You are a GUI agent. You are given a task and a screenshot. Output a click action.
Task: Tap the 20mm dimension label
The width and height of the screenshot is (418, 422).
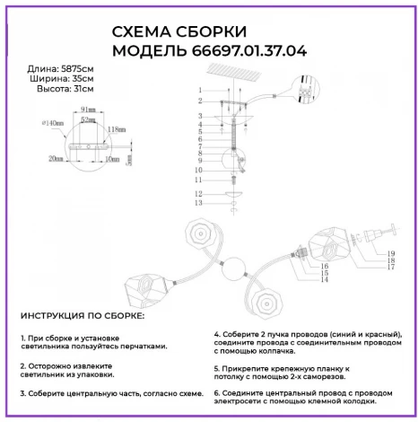(x=57, y=158)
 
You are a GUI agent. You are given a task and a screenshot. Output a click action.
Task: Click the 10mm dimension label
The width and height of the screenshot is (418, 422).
(x=110, y=158)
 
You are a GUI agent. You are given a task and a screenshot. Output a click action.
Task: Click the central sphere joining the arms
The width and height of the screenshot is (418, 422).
(x=234, y=270)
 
